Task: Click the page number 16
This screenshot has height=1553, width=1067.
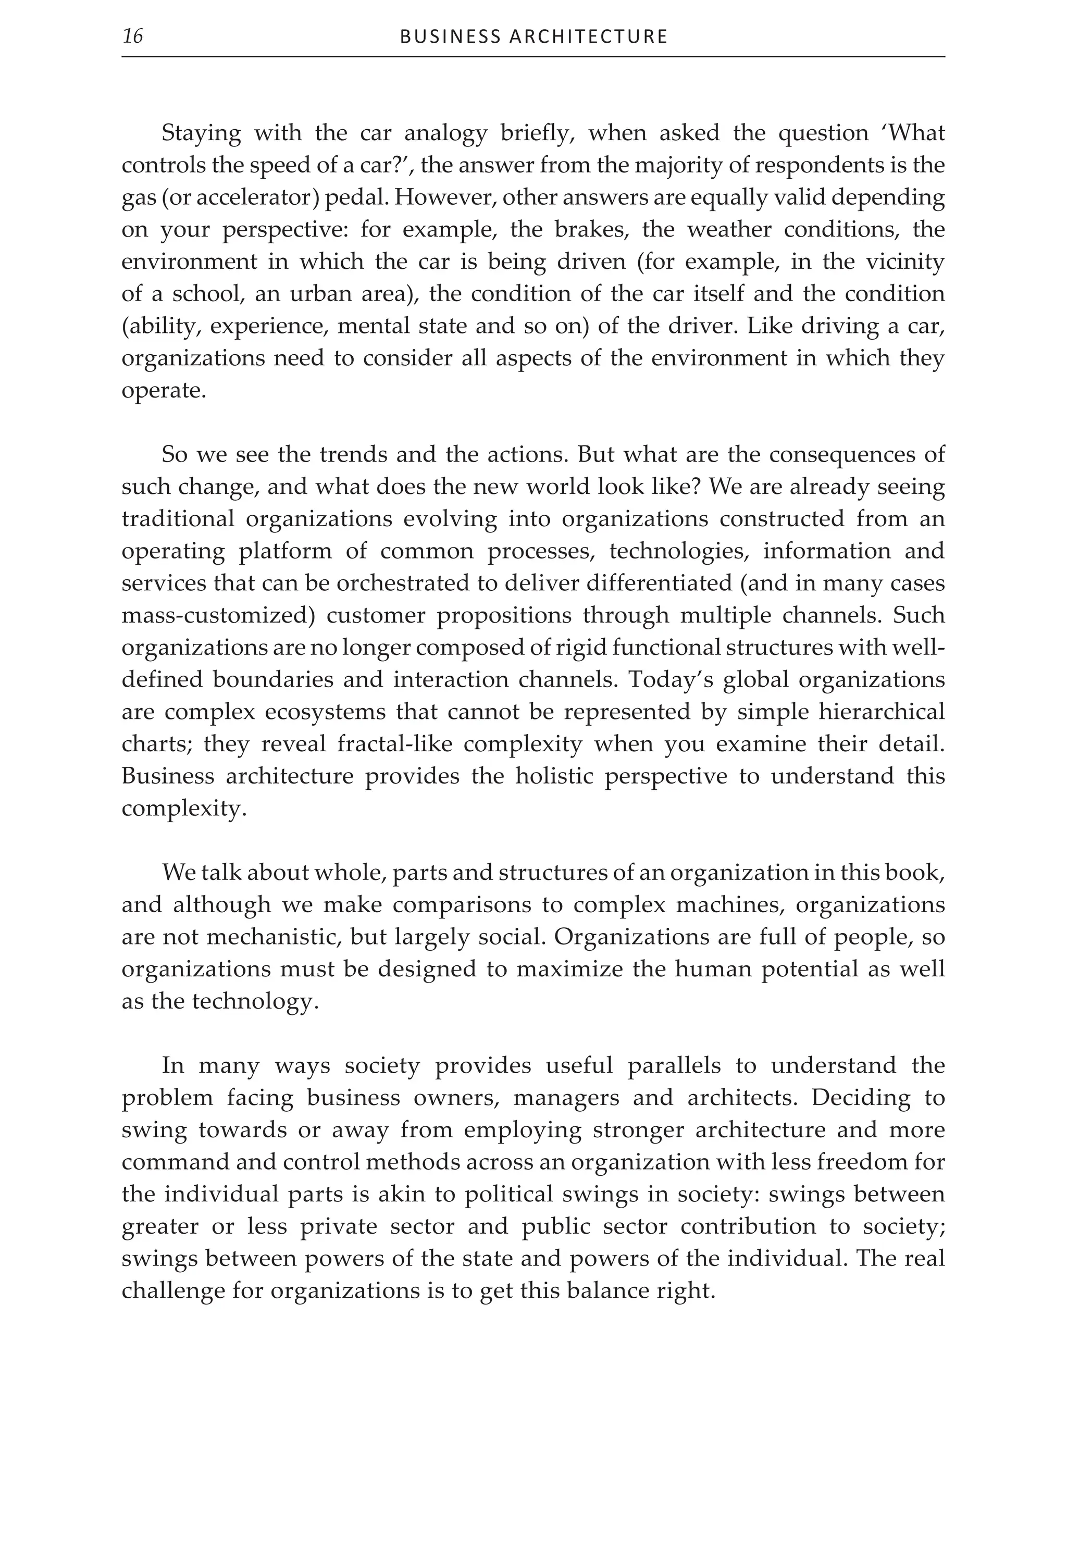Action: (x=133, y=35)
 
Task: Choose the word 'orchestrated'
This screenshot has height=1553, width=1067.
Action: (x=402, y=583)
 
